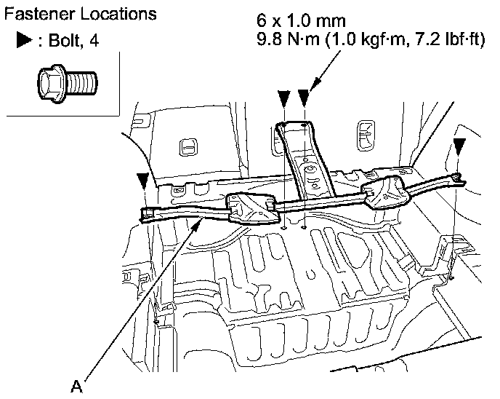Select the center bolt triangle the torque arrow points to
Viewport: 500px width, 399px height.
pyautogui.click(x=303, y=98)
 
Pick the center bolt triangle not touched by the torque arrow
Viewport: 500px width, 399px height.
pyautogui.click(x=284, y=98)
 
